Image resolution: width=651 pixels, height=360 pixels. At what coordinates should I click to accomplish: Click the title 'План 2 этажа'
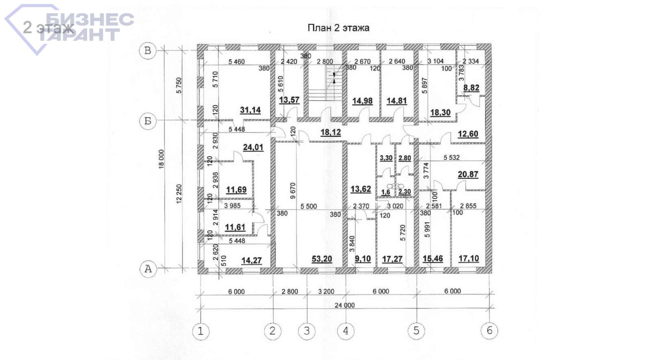338,28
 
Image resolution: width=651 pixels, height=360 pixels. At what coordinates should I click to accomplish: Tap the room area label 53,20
321,259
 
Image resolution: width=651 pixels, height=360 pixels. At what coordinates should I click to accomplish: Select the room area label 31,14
250,110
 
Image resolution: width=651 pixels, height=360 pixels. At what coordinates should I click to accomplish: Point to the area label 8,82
471,87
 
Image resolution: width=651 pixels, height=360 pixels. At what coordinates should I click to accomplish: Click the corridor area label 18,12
330,132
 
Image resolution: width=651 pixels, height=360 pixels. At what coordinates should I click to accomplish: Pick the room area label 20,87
468,174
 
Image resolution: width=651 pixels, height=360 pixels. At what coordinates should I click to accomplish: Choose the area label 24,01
253,147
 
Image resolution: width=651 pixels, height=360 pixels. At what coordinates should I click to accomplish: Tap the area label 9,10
363,259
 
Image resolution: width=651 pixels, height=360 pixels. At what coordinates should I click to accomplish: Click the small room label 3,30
386,158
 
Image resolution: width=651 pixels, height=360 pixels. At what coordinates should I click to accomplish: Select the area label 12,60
468,134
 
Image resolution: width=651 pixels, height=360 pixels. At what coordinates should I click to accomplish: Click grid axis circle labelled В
148,50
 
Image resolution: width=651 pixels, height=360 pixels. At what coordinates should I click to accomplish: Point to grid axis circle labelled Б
148,121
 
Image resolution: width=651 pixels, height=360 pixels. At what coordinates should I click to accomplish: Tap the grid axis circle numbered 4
345,331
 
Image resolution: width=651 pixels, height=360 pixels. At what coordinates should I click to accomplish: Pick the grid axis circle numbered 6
489,331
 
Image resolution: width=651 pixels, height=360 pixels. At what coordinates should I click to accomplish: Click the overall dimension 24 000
345,305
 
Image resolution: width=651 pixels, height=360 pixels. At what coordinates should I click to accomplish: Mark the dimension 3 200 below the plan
326,291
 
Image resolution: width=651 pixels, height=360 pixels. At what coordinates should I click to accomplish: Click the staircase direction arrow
334,78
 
